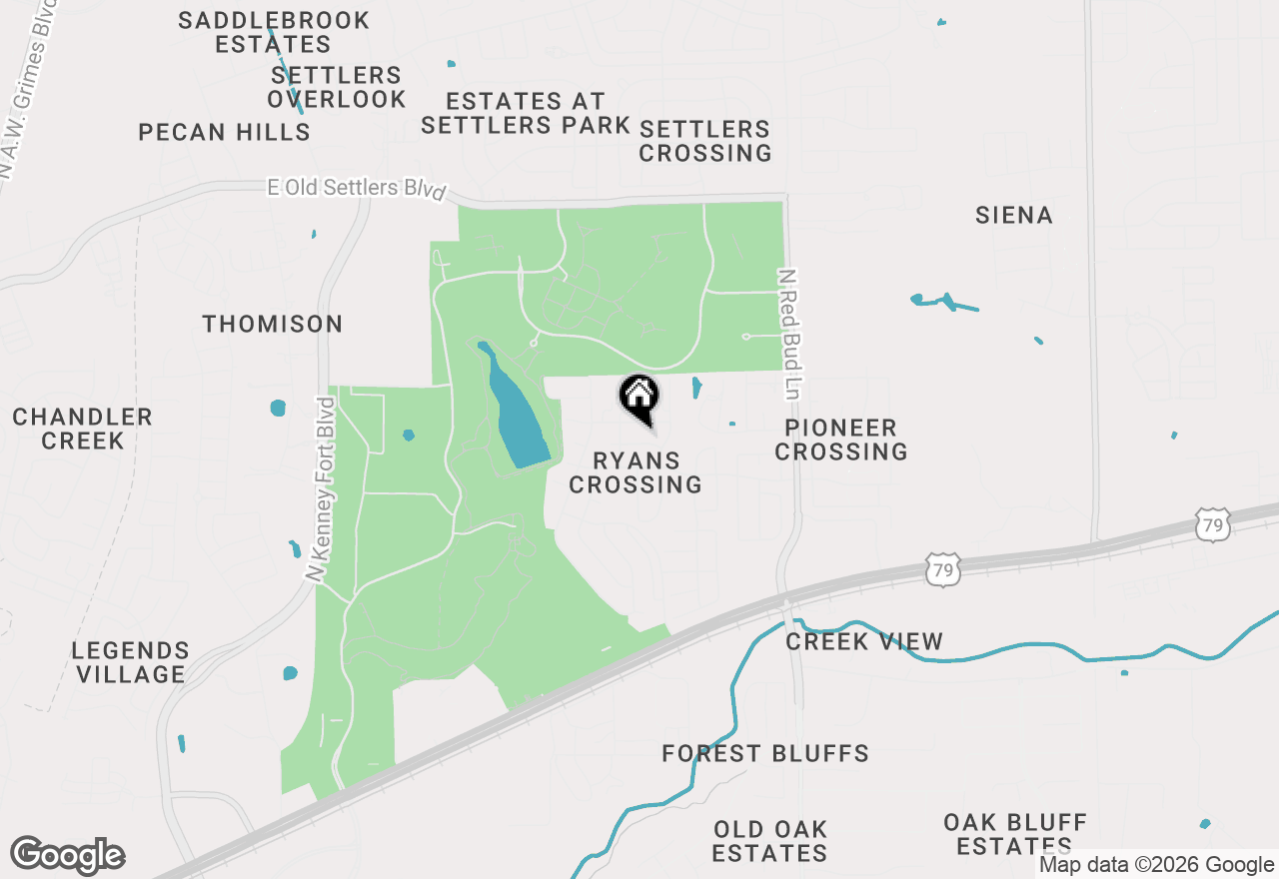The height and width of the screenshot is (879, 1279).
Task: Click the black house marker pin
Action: coord(639,398)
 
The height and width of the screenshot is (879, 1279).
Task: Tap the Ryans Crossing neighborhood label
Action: coord(636,472)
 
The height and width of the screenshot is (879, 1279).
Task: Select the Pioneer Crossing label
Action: coord(841,439)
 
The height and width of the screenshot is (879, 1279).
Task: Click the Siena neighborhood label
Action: coord(1014,215)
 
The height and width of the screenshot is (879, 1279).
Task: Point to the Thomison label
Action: coord(273,324)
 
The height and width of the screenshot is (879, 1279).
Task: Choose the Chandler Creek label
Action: coord(83,429)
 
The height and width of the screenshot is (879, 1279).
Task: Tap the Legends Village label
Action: coord(130,662)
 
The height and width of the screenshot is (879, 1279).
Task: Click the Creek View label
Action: coord(864,641)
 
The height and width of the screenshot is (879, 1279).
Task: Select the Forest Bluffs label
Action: coord(765,753)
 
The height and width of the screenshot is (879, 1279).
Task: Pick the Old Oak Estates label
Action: coord(770,841)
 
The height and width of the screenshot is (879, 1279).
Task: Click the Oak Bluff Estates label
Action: coord(1015,834)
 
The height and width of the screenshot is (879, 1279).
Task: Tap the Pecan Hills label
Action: coord(225,132)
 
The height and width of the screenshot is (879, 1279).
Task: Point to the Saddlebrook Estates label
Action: coord(274,32)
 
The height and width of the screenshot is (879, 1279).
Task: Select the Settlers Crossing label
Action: coord(705,141)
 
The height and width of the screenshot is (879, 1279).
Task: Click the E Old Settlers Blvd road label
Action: coord(356,188)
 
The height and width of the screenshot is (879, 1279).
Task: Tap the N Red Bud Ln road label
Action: coord(789,334)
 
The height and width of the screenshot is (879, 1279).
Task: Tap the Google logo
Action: coord(68,855)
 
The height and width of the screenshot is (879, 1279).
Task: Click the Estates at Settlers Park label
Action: coord(526,113)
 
